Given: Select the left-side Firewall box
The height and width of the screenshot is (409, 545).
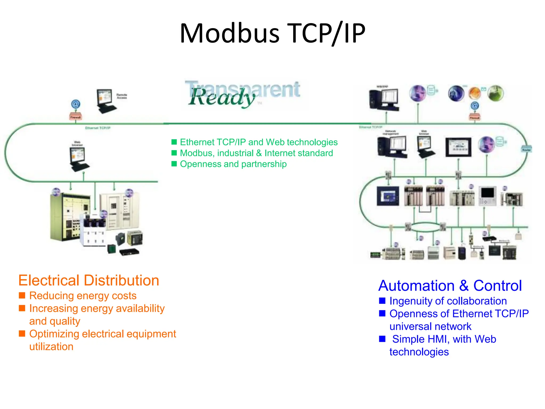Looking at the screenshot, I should tap(76, 117).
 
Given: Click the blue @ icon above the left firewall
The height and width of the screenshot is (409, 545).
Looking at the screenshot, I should tap(76, 104).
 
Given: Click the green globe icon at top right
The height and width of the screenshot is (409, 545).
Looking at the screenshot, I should tap(496, 93).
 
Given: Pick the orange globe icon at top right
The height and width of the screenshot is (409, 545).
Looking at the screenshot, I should tap(475, 93).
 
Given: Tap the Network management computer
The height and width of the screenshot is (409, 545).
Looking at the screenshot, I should tap(392, 146).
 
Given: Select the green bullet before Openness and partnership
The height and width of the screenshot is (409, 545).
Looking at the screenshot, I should tap(174, 164).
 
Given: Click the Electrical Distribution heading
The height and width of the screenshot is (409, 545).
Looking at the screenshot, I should tap(89, 280).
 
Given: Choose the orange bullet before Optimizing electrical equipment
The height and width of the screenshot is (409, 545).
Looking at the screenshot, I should tap(22, 334).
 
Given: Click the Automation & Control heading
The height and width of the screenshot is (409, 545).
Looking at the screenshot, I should tap(450, 286).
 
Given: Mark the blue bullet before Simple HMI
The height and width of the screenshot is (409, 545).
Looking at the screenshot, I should tap(382, 339).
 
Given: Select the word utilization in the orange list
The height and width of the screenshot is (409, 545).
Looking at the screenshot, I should tap(51, 347).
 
